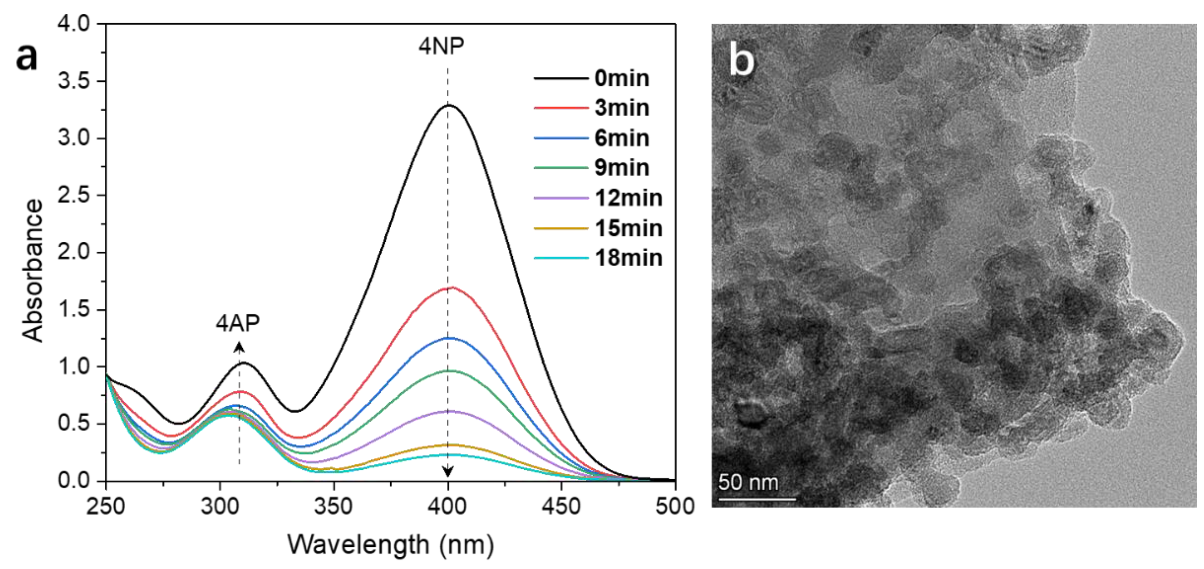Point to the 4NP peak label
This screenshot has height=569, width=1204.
[441, 46]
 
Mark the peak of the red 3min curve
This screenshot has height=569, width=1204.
[449, 288]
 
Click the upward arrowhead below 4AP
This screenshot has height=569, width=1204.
[239, 347]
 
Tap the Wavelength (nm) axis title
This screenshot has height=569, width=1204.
[390, 545]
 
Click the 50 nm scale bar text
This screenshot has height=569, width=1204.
[748, 482]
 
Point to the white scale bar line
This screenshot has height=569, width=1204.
[757, 499]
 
